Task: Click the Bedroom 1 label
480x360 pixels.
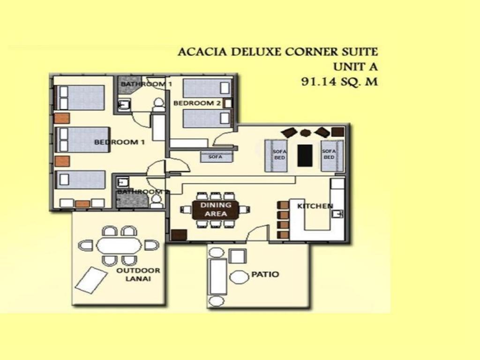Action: [x=119, y=142]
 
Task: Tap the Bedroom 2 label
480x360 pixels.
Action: [x=197, y=103]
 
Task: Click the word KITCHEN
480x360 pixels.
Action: [x=315, y=206]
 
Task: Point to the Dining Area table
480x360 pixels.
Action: [x=216, y=210]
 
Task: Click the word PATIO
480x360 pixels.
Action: [x=265, y=274]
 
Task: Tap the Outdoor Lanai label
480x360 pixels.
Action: [x=138, y=275]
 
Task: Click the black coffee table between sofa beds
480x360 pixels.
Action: [x=305, y=155]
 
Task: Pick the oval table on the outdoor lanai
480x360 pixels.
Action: [x=119, y=245]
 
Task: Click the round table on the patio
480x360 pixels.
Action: [x=240, y=277]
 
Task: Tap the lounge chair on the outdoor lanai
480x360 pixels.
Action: [x=90, y=280]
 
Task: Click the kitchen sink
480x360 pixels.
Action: [x=338, y=214]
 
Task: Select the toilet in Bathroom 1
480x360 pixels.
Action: [x=158, y=104]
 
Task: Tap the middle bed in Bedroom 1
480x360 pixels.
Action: [x=82, y=140]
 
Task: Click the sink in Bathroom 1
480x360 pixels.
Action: [x=124, y=105]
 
